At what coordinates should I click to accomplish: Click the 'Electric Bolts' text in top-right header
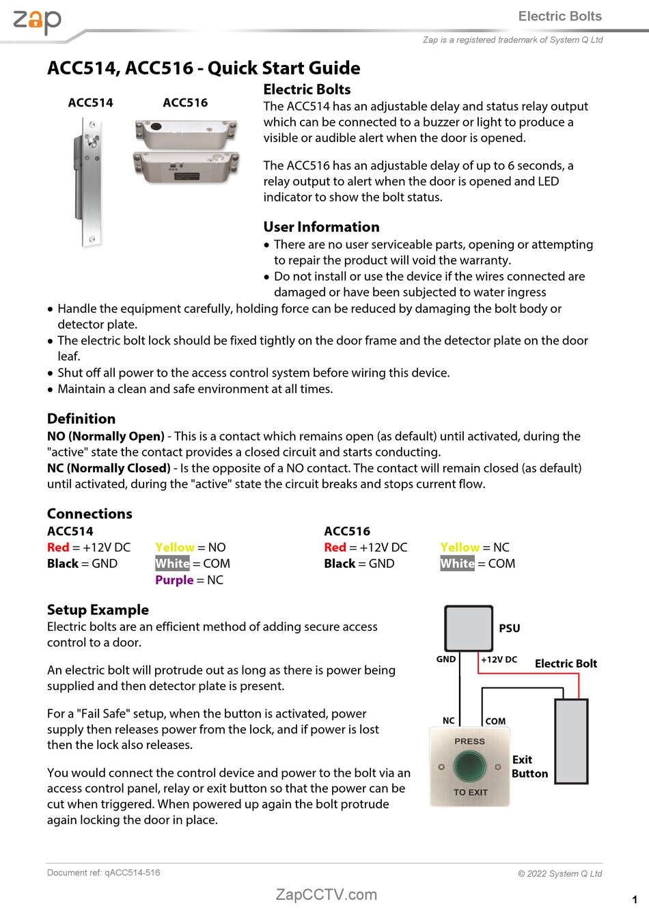point(560,16)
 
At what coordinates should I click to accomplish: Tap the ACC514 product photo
point(88,181)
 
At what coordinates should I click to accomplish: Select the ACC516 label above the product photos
point(185,102)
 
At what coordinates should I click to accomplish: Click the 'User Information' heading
point(321,227)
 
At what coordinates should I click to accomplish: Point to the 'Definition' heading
point(81,419)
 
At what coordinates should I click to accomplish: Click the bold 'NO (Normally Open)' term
point(106,436)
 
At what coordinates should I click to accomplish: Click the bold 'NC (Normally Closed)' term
point(109,468)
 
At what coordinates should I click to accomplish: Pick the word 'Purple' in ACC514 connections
point(174,580)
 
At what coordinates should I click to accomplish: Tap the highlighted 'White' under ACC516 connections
point(457,564)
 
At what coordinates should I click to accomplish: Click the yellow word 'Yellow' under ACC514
point(175,547)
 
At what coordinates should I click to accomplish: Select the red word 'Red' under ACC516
point(335,547)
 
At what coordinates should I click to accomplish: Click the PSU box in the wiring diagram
point(469,628)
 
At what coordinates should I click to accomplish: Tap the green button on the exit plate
point(469,766)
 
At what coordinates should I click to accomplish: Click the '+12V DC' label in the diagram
point(499,659)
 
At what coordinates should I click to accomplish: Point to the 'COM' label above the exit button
point(495,721)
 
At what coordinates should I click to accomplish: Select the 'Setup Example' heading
point(98,610)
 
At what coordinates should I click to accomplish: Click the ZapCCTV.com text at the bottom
point(326,894)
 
